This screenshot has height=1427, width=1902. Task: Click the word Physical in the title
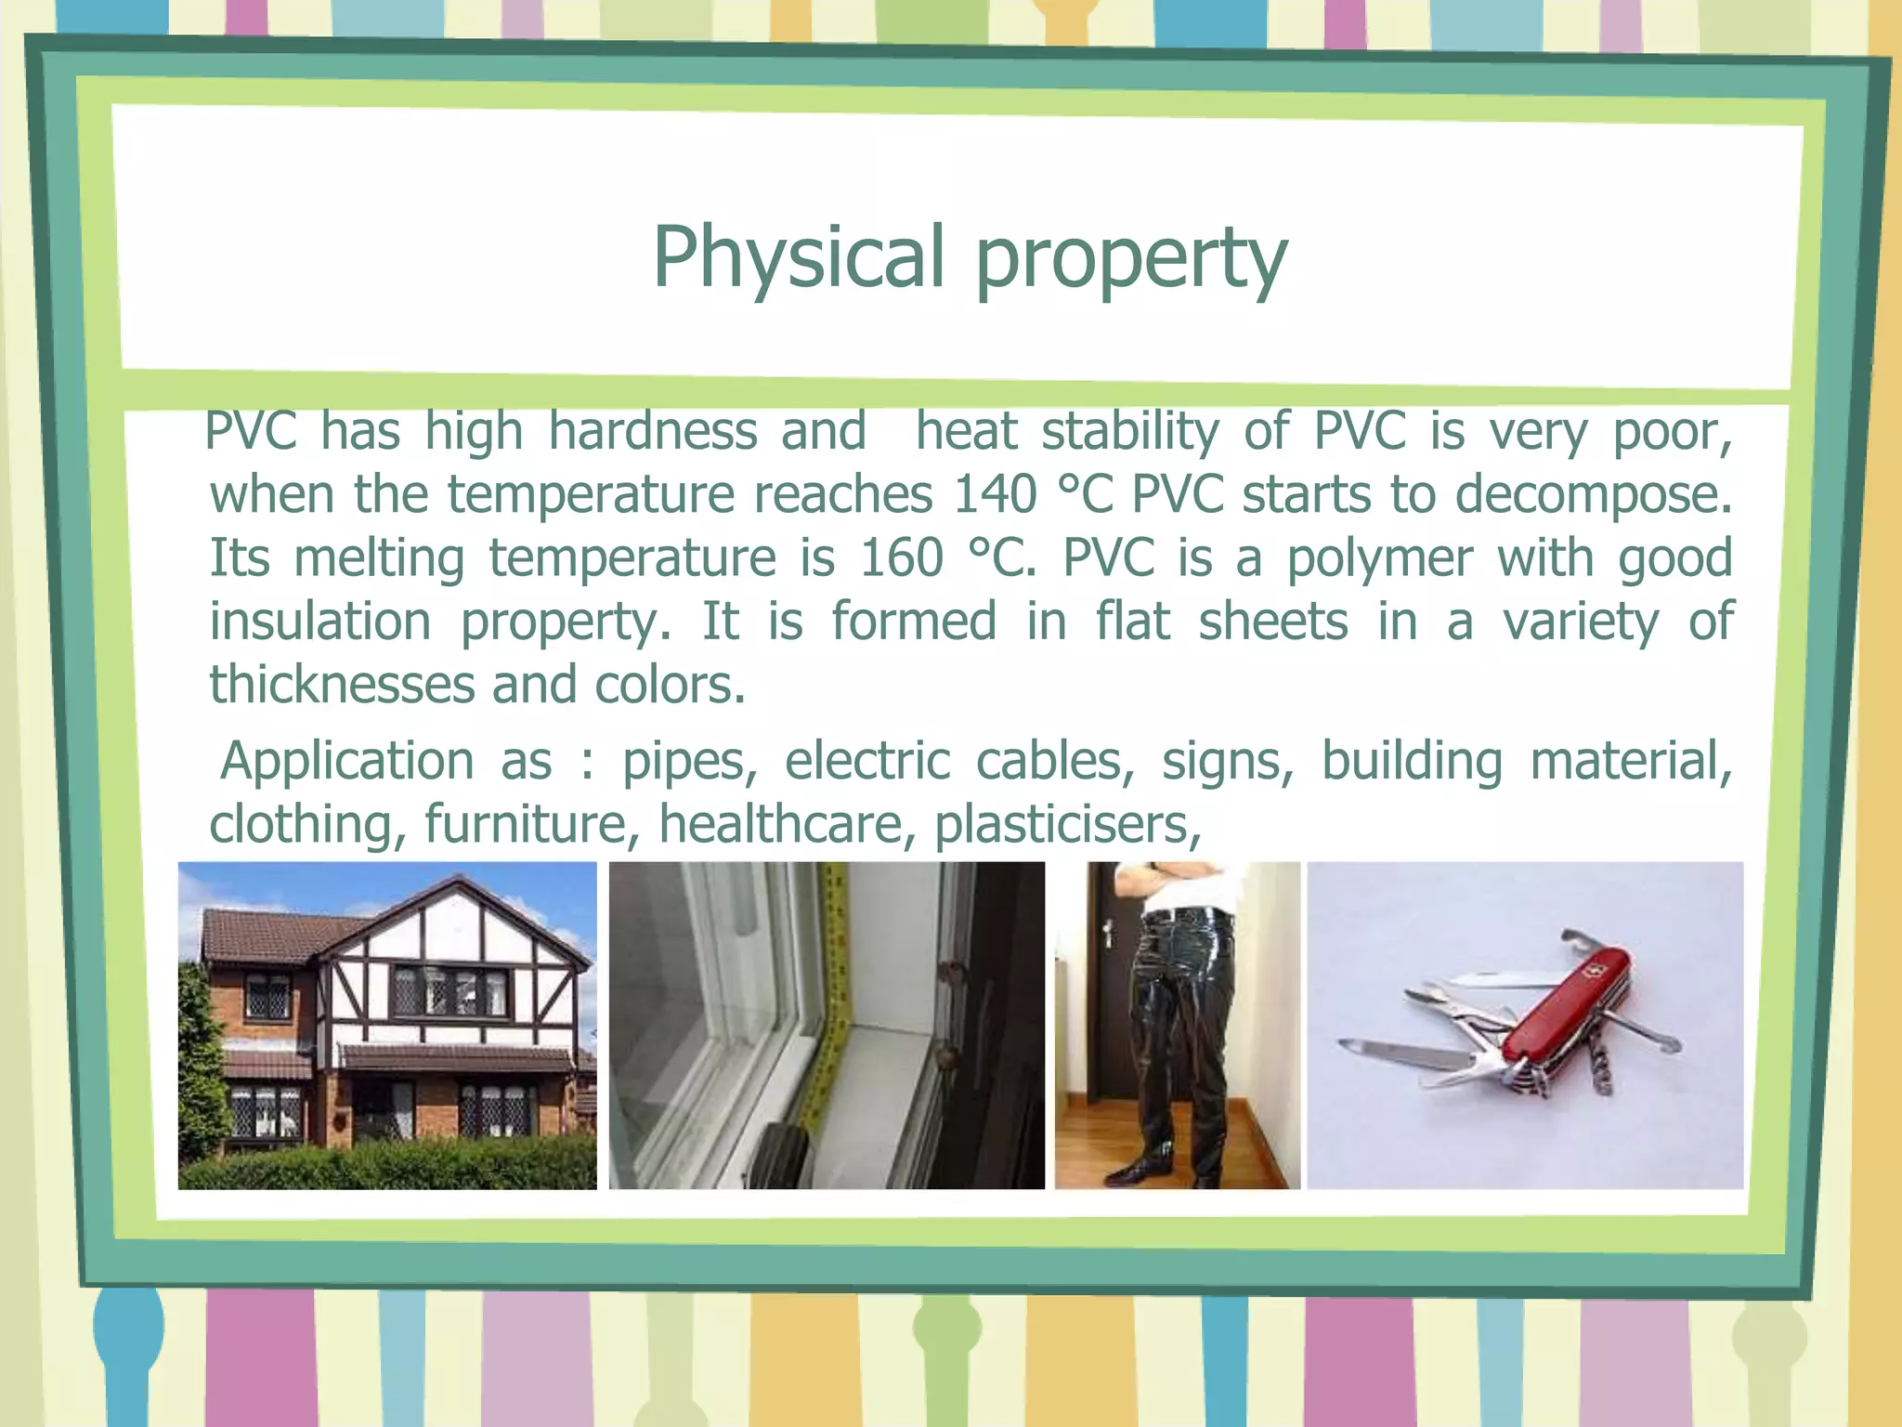[x=798, y=257]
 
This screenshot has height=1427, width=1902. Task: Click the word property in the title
[x=1131, y=260]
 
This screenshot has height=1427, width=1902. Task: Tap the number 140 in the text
[x=995, y=493]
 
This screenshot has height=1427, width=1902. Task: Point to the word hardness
[x=653, y=431]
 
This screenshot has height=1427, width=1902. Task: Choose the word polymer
[x=1379, y=559]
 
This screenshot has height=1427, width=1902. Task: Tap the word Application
[x=347, y=761]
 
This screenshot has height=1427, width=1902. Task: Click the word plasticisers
[x=1067, y=825]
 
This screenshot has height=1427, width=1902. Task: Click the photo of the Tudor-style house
[x=387, y=1025]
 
